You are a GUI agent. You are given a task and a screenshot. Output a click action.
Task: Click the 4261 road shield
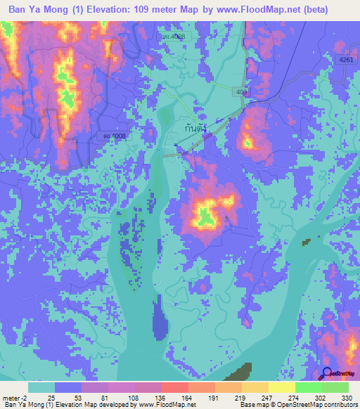(x=344, y=61)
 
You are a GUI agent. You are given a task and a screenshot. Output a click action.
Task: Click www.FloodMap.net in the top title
(x=269, y=11)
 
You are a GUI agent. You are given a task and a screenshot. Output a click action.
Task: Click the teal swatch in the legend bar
(x=41, y=387)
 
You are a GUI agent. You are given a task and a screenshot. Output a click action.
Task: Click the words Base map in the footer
(x=253, y=405)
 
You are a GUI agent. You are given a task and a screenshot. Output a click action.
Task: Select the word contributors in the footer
(x=338, y=405)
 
